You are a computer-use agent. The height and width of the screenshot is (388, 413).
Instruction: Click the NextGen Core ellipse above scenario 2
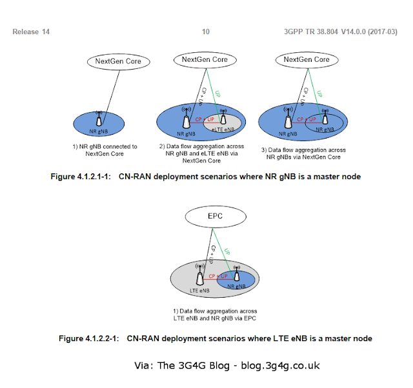(x=204, y=60)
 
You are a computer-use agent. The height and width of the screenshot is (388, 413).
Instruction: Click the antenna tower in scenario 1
(x=99, y=119)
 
